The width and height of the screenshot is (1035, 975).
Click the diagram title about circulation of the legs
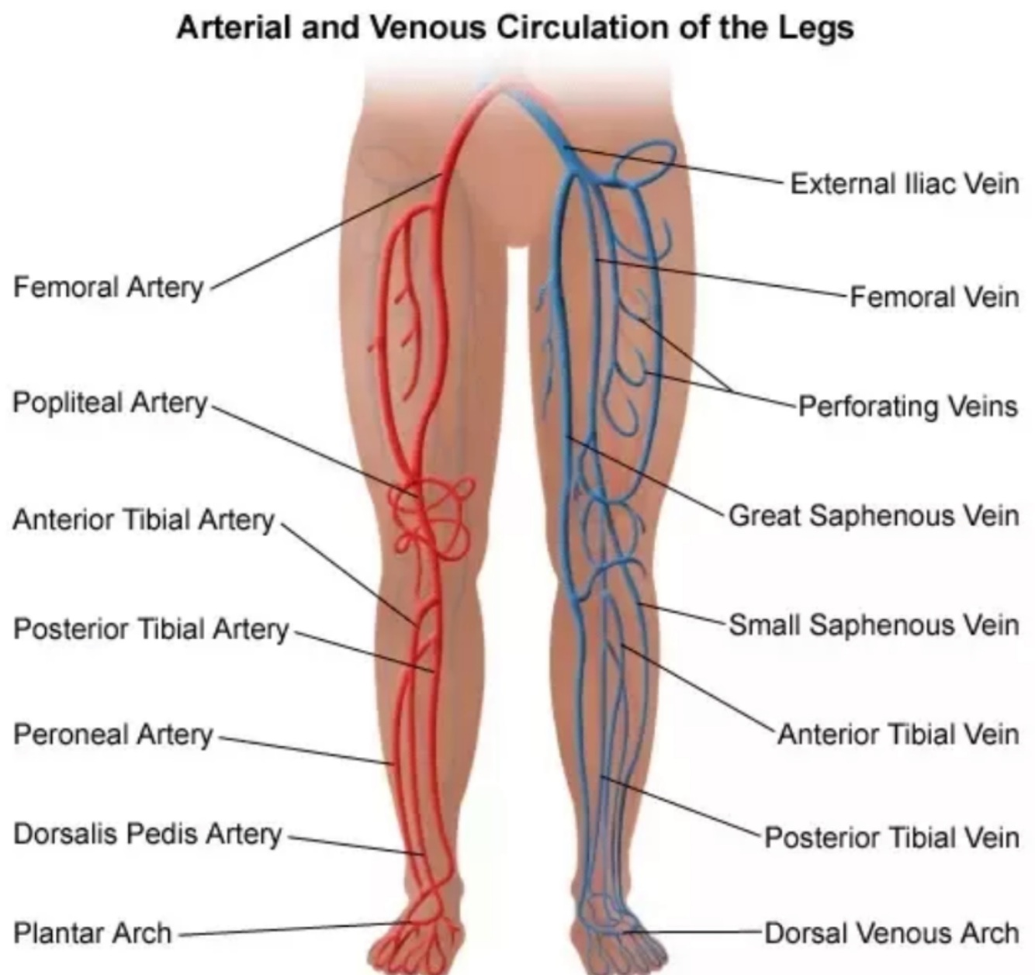pos(515,27)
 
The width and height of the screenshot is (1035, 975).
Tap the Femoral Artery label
pos(108,287)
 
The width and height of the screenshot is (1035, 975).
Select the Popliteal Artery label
pos(109,403)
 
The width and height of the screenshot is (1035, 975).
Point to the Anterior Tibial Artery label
pos(144,519)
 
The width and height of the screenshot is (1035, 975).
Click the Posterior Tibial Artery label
pos(151,628)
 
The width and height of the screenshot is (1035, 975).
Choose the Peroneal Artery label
pos(112,734)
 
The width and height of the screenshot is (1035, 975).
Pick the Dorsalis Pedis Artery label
pos(147,834)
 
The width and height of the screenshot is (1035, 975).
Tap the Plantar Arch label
pos(92,932)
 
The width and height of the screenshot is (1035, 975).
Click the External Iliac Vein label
pos(904,184)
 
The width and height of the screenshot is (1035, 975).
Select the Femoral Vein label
pos(933,296)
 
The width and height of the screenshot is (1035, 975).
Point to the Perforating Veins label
pos(908,405)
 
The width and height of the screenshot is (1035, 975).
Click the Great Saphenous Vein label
pos(873,515)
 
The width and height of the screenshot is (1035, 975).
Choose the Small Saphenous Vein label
pos(873,624)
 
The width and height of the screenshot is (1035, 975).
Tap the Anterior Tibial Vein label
pos(898,734)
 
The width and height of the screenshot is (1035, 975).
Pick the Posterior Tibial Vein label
pos(891,837)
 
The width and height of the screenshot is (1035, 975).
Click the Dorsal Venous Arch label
pos(891,932)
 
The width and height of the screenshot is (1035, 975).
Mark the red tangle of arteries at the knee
pos(431,516)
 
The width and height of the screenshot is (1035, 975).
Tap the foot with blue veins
pos(613,935)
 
